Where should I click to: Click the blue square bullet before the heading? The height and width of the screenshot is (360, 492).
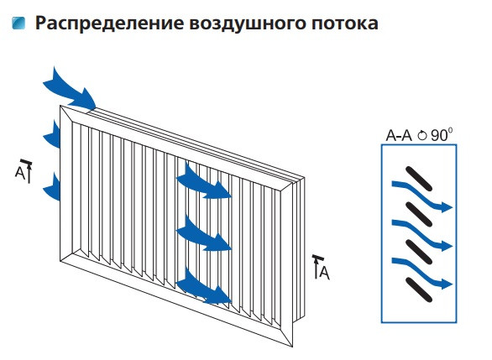pos(18,23)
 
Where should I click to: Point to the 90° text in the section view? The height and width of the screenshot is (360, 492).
pos(442,135)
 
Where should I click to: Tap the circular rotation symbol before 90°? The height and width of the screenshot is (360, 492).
pos(422,135)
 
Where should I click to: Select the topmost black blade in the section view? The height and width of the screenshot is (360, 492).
pos(415,179)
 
